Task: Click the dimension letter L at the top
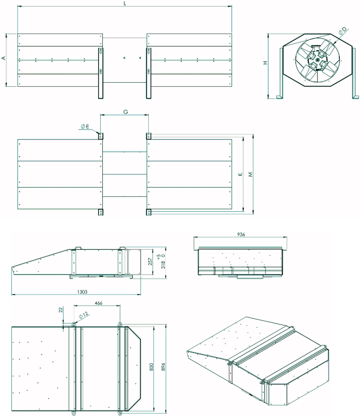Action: pos(125,3)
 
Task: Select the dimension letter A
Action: pos(4,58)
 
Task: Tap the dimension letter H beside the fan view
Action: pos(265,63)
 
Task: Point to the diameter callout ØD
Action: pos(342,31)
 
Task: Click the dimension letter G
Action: pos(126,112)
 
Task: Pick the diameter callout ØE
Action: pos(85,127)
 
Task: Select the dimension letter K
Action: pos(240,174)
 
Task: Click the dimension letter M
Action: pos(250,174)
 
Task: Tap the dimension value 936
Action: pos(241,234)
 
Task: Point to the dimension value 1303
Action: pos(82,291)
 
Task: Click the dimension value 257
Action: pos(150,261)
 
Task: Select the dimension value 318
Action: pos(163,265)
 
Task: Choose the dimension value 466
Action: pos(98,303)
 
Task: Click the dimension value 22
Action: pos(60,310)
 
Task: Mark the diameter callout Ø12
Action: pos(84,315)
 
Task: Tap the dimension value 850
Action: pos(151,367)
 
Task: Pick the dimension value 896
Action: pos(163,367)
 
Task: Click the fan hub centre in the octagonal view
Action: pos(318,60)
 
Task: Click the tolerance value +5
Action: pos(159,256)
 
